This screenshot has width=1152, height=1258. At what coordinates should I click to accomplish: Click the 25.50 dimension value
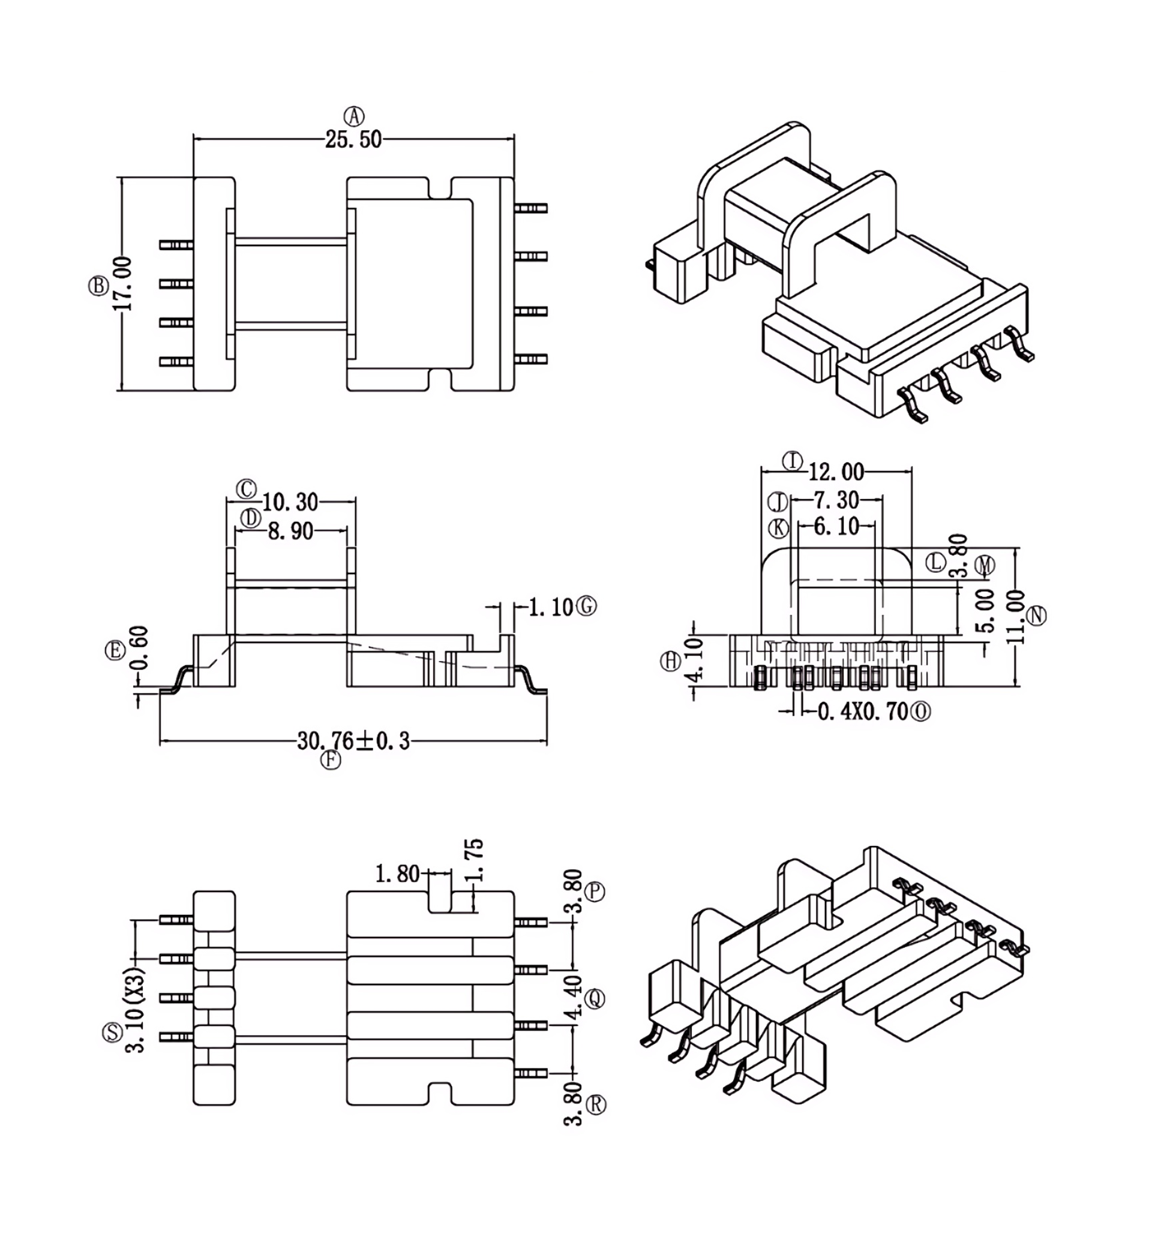point(353,139)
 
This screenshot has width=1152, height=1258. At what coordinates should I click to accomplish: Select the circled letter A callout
point(354,116)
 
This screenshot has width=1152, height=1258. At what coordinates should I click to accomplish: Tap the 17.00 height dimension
point(124,283)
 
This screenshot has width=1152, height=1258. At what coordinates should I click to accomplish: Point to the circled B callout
point(98,286)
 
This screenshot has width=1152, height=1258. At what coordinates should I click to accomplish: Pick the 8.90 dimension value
point(290,531)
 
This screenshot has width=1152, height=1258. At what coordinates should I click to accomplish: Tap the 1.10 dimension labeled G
point(550,607)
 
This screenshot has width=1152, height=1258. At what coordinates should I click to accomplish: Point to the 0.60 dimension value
point(140,647)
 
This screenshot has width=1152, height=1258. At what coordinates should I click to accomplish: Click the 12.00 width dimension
point(836,472)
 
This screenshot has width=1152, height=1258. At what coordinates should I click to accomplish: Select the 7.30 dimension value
point(836,500)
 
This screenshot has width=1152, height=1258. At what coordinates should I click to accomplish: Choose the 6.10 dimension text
point(836,527)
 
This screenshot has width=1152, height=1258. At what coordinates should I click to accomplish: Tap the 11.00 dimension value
point(1016,617)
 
